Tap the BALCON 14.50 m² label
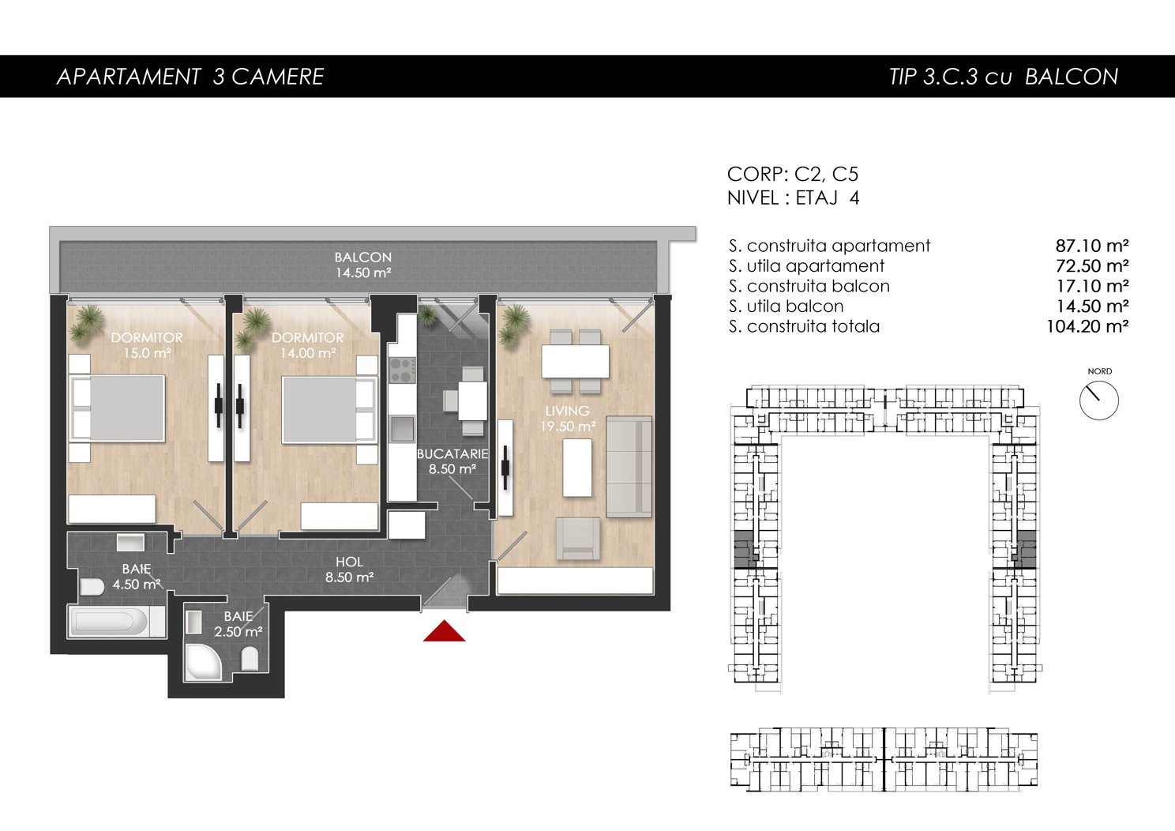(x=363, y=265)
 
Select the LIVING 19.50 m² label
(x=568, y=419)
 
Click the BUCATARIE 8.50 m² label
(x=452, y=461)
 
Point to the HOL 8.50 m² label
(x=349, y=570)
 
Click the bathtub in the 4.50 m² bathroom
(x=116, y=622)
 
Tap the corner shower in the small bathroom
(x=203, y=662)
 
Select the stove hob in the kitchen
(x=403, y=370)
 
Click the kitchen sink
(x=402, y=429)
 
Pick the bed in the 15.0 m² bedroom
(x=118, y=408)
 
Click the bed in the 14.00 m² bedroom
(x=329, y=409)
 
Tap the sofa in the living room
(x=629, y=467)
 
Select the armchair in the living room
(x=577, y=538)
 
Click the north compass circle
(x=1099, y=400)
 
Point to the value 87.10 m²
(x=1092, y=246)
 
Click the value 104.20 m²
(x=1087, y=326)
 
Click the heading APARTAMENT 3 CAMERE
(x=190, y=77)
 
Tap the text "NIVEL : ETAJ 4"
(x=793, y=197)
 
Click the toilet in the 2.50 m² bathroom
(x=250, y=658)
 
